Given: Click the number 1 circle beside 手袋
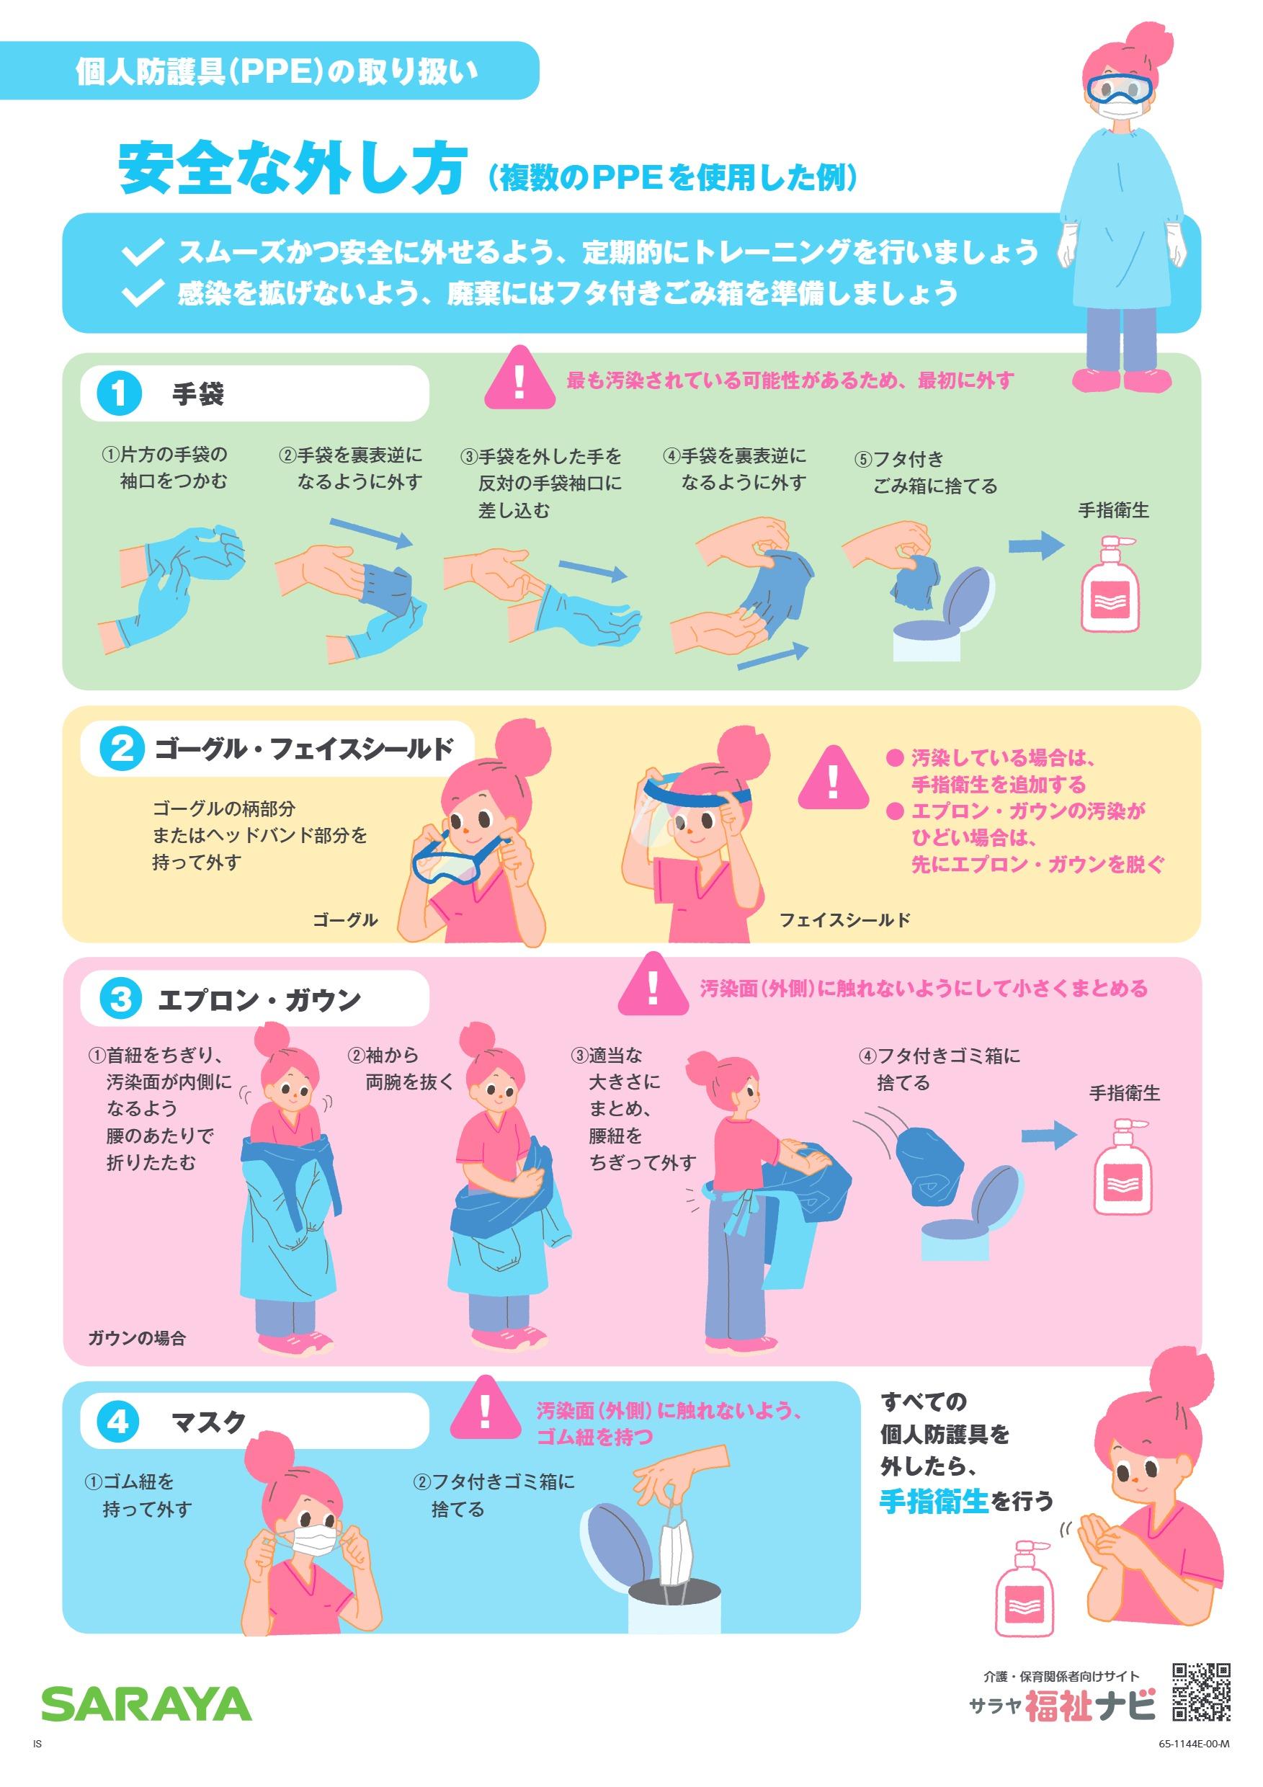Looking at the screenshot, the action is coord(119,393).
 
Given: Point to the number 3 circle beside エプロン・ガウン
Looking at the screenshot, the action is coord(120,998).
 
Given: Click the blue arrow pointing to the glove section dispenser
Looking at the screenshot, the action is coord(1036,545).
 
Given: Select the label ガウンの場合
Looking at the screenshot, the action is coord(137,1338).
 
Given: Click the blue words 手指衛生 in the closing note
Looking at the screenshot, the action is coord(934,1501).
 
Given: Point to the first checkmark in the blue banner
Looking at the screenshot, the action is coord(143,251).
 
